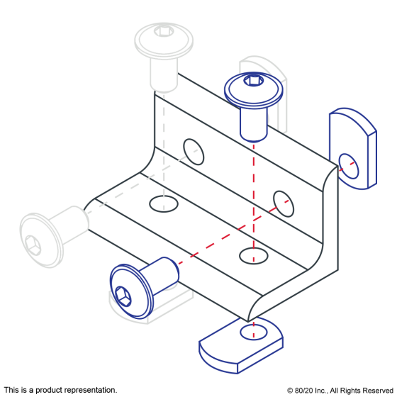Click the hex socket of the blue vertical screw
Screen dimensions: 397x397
click(253, 81)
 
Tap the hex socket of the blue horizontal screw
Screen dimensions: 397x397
click(123, 296)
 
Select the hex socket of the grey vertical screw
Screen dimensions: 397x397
click(164, 31)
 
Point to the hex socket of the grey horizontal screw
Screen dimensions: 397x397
click(33, 245)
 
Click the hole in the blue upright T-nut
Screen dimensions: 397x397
click(349, 166)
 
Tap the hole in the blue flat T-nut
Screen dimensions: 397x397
click(254, 332)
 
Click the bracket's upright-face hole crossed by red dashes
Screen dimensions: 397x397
click(284, 204)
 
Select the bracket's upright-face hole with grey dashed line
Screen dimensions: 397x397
click(194, 152)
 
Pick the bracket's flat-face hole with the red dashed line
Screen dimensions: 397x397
click(254, 256)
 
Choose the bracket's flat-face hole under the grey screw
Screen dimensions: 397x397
click(164, 204)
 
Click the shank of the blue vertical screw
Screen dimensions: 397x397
click(254, 124)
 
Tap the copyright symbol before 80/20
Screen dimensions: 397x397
click(290, 391)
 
